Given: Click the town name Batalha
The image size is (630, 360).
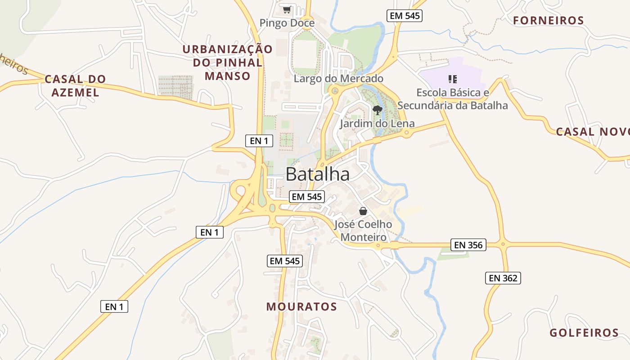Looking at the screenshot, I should [317, 174].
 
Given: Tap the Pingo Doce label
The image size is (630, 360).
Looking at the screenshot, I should [287, 23].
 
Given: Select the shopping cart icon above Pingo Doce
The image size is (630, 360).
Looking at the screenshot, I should [287, 9].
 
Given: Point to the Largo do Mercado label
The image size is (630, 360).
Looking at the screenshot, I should [338, 79].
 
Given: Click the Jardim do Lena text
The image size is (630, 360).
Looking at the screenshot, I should [377, 123].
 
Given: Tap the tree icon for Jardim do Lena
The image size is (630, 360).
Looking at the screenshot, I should [378, 110].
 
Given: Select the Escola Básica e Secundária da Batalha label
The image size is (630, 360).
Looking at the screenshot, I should [453, 99].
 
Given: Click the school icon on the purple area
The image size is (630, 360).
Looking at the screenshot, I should [453, 80].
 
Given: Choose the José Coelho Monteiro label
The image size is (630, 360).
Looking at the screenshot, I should [363, 230].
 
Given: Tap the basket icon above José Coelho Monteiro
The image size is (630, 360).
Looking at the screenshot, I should [363, 211].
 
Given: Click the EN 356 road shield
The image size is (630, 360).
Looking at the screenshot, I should [468, 245].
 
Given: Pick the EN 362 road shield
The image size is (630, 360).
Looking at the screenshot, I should [503, 278].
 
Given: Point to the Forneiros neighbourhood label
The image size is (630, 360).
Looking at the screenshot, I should [549, 20].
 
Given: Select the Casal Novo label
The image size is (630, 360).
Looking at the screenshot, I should [592, 132].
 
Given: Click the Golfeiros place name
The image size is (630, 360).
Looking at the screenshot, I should [584, 333].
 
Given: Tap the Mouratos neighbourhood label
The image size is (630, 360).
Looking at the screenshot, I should [301, 307].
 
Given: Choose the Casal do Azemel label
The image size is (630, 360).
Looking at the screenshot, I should [75, 85].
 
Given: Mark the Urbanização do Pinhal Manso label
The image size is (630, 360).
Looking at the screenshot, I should [227, 63].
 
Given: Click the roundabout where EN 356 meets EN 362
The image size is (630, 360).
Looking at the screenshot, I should [503, 245].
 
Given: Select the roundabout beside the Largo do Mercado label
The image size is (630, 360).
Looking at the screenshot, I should [334, 91].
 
